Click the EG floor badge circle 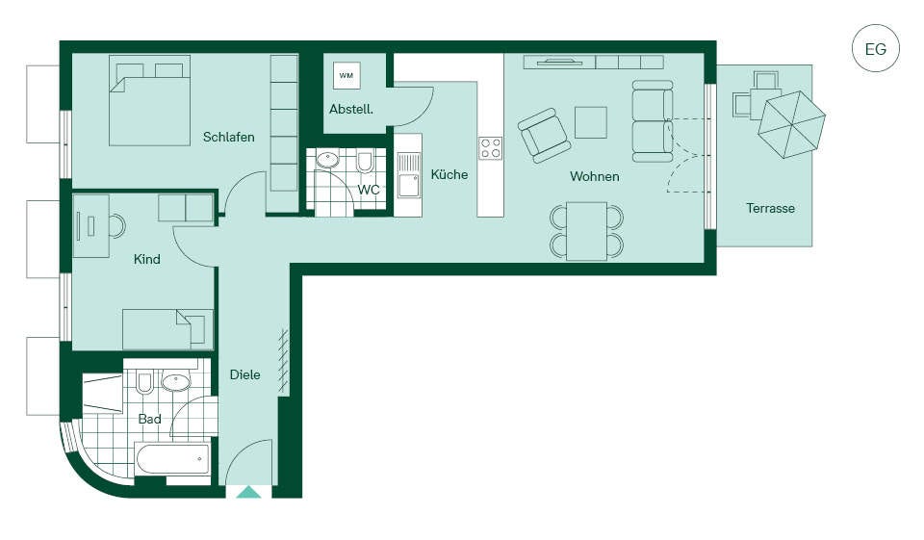coord(875,48)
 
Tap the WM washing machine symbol coord(346,75)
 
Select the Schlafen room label coord(229,137)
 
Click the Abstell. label coord(351,109)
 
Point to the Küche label coord(449,174)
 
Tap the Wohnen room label coord(595,176)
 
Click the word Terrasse coord(770,208)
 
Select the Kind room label coord(146,259)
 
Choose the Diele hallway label coord(245,374)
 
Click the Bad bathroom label coord(150,419)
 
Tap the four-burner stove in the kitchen coord(490,148)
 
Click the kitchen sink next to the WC coord(408,176)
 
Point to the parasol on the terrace coord(791,124)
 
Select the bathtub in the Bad coord(172,458)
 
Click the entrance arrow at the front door coord(248,492)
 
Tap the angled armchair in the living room coord(544,135)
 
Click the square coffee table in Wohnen coord(590,122)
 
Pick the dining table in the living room coord(587,231)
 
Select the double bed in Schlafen coord(150,100)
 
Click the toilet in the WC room coord(365,162)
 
